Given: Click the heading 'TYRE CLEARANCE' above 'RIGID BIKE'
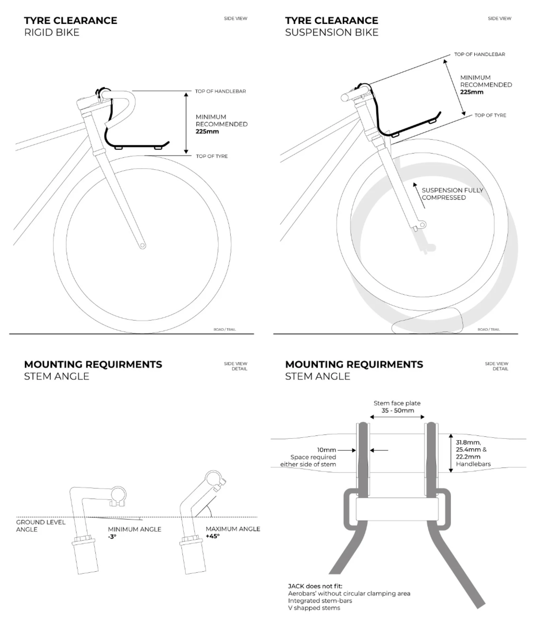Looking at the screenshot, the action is tap(70, 20).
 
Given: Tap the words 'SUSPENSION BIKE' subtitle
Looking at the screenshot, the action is tap(331, 32).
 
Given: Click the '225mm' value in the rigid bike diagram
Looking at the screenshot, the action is tap(207, 131).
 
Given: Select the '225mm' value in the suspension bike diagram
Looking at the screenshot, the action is tap(471, 92).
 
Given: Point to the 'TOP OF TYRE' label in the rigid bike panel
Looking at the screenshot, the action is tap(212, 156).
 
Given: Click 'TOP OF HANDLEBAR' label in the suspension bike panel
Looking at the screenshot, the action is tap(480, 54).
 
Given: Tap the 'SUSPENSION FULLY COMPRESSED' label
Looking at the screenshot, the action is tap(452, 194).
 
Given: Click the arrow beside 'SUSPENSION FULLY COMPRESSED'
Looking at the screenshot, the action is tap(419, 195).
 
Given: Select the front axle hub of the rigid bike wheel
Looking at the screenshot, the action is tap(142, 246).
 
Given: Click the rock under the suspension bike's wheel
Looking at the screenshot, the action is tap(427, 321).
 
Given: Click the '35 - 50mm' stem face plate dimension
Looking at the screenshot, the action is tap(398, 410).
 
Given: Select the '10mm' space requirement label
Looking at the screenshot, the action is tap(326, 450).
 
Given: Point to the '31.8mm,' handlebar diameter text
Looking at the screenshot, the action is tap(468, 442).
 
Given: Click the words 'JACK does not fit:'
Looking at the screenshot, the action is tap(315, 586).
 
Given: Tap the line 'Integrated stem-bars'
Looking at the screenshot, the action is tap(320, 601).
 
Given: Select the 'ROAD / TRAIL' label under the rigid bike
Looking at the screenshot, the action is tap(225, 330).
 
